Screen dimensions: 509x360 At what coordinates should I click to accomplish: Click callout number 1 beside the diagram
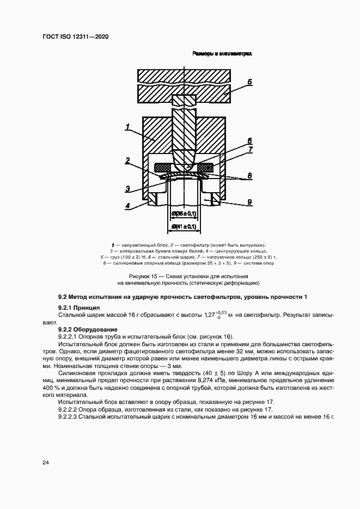click(127, 127)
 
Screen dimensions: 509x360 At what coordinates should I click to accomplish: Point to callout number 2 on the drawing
click(127, 161)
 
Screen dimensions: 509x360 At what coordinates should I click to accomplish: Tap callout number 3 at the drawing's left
click(127, 189)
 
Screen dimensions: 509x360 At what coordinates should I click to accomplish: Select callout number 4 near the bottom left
click(127, 206)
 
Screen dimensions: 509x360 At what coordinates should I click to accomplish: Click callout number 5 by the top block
click(249, 82)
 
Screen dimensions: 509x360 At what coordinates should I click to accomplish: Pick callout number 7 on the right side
click(249, 149)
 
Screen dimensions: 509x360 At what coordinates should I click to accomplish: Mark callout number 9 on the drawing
click(249, 202)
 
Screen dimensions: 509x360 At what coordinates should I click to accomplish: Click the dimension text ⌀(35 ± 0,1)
click(184, 214)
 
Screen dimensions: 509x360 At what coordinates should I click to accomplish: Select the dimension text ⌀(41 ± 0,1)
click(184, 226)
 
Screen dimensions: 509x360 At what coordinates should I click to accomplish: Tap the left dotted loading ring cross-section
click(163, 167)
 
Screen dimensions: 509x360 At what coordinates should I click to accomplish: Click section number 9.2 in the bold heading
click(64, 297)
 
